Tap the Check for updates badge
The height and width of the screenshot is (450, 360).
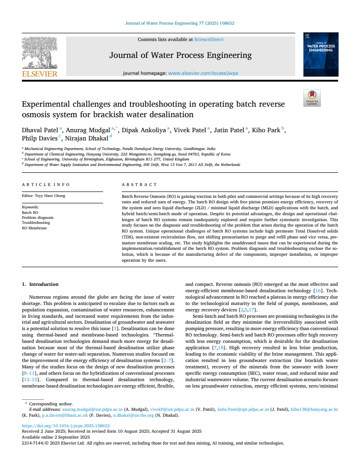(312, 98)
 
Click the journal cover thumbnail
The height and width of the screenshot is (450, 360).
(321, 54)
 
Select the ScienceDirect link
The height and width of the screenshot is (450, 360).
(209, 40)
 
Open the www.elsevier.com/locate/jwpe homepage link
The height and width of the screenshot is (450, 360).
(203, 73)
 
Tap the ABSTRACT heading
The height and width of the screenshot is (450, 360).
(139, 185)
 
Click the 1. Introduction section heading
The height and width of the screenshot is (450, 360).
(41, 284)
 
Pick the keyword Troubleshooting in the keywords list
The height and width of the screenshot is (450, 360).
(36, 222)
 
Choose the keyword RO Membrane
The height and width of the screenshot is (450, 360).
(34, 228)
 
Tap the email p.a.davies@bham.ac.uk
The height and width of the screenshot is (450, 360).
(63, 415)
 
